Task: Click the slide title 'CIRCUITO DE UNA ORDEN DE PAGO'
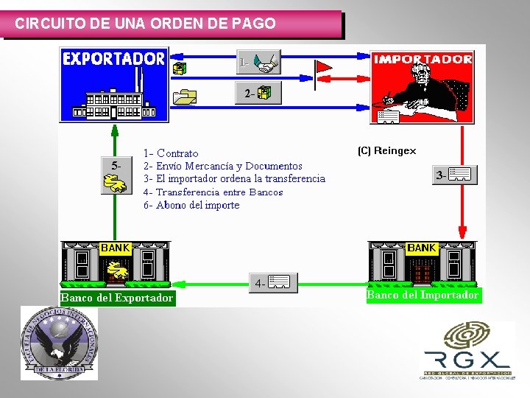[x=146, y=24]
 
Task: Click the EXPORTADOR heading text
[x=114, y=59]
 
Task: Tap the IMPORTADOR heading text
[x=423, y=59]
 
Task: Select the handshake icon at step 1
[x=266, y=63]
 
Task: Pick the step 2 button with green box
[x=258, y=93]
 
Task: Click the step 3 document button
[x=454, y=175]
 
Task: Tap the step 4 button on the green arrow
[x=273, y=282]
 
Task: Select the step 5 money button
[x=115, y=175]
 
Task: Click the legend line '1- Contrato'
[x=171, y=153]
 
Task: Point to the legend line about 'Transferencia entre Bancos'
[x=213, y=192]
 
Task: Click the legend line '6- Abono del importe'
[x=191, y=206]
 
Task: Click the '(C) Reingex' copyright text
[x=386, y=151]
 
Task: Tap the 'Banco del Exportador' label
[x=117, y=298]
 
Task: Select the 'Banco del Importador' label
[x=423, y=295]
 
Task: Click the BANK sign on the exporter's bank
[x=115, y=248]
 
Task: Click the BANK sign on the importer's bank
[x=422, y=248]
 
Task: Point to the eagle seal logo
[x=59, y=343]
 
